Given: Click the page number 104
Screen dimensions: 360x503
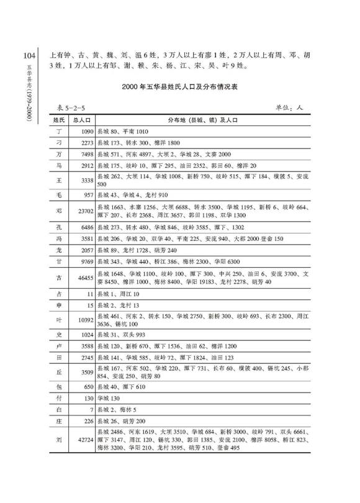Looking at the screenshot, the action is coord(27,57).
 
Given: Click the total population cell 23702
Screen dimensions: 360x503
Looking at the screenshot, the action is coord(84,211).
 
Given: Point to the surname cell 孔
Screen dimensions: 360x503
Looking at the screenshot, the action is coord(59,228).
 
